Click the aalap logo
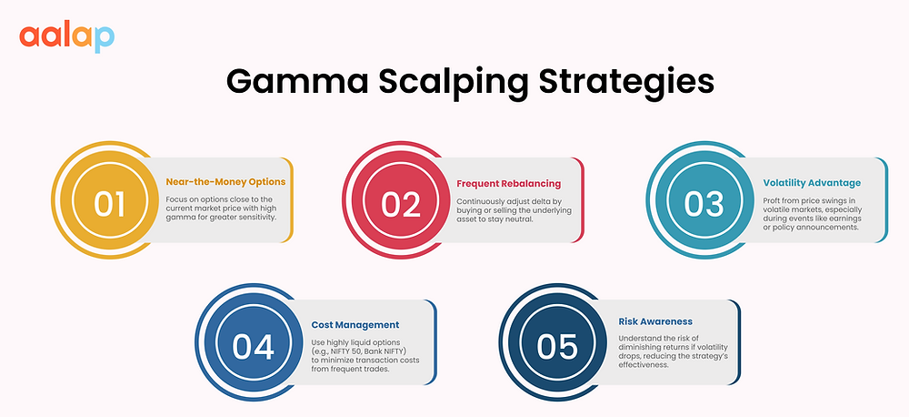[x=66, y=36]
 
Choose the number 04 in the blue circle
[x=254, y=345]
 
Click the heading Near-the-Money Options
[x=225, y=182]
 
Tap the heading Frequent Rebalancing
[x=510, y=184]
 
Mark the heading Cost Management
[x=355, y=324]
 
